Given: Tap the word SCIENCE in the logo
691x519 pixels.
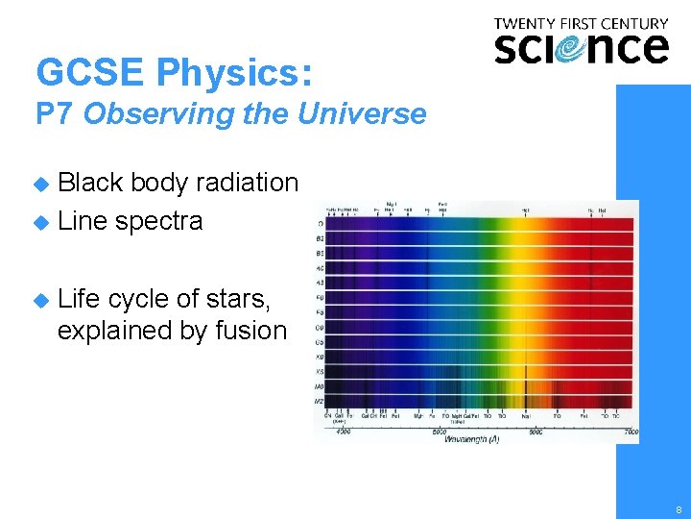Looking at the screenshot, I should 581,47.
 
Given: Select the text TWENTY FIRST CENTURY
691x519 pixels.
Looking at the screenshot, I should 581,23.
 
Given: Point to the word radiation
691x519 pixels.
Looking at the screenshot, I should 248,183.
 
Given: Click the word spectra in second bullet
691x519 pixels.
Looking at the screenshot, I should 158,221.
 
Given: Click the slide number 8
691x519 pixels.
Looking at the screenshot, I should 679,509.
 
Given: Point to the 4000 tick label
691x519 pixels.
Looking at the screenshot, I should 343,432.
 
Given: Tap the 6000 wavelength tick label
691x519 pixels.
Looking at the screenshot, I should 536,432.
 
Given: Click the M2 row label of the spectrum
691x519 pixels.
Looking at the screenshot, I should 319,400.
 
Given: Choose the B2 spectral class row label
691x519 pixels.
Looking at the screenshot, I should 319,239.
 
